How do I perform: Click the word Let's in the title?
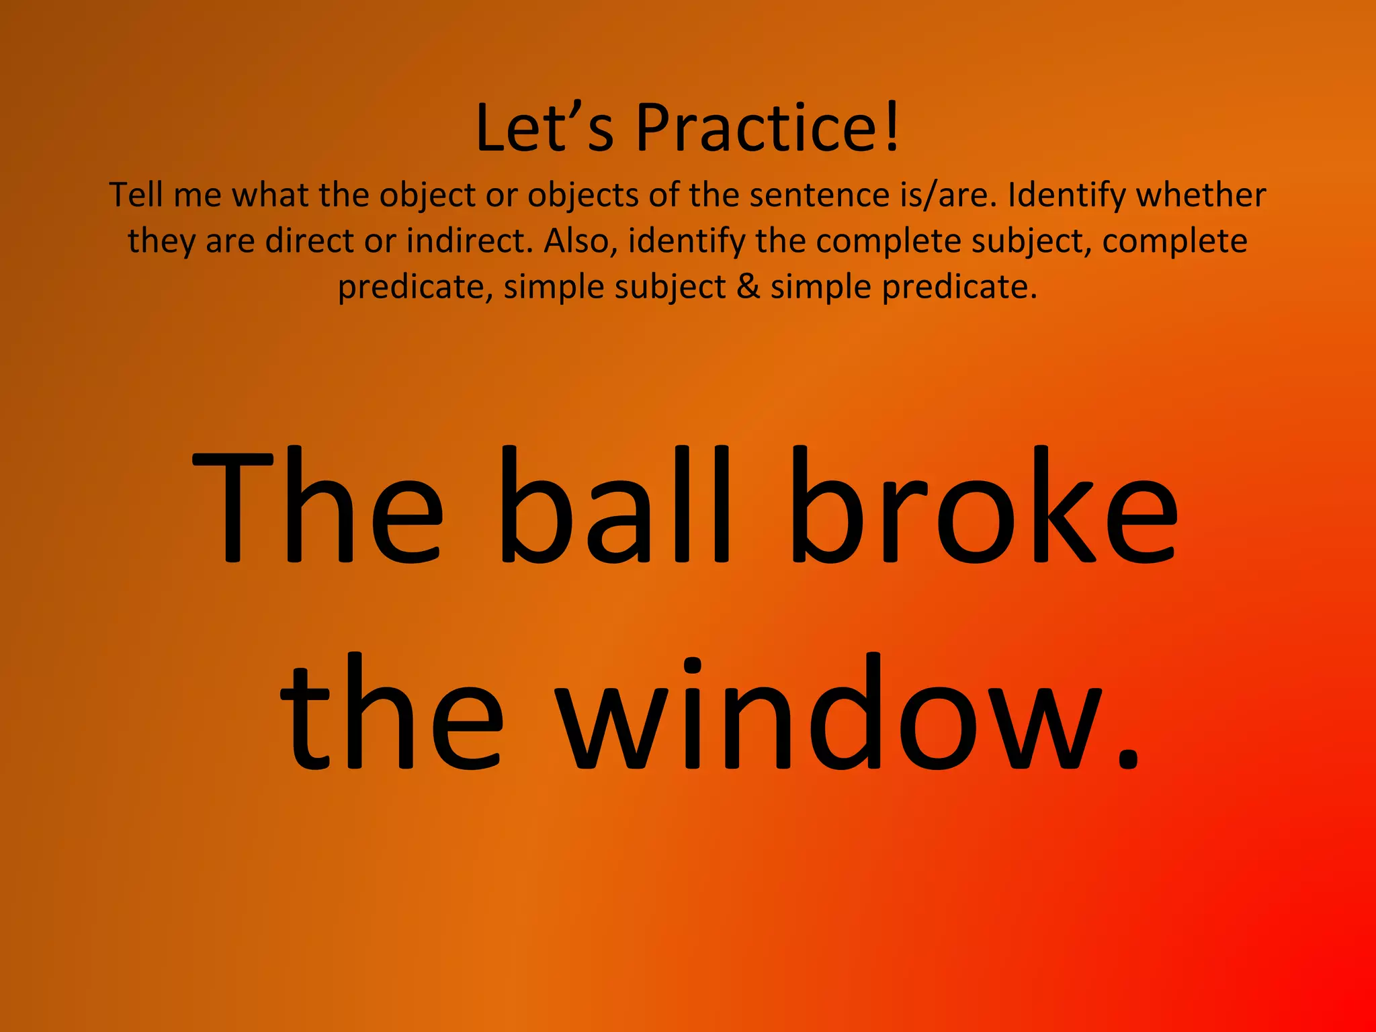pos(544,128)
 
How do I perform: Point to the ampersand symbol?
pos(748,287)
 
